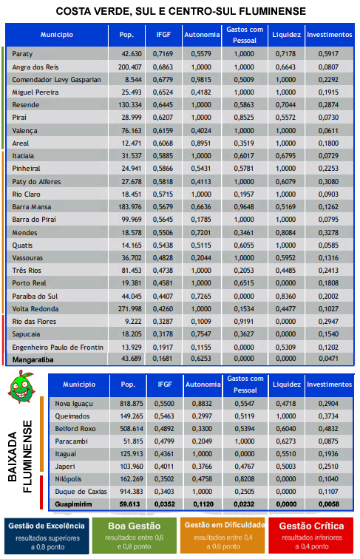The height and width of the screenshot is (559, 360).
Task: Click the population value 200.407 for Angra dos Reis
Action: coord(130,67)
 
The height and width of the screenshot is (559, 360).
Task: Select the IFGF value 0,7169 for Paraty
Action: coord(163,54)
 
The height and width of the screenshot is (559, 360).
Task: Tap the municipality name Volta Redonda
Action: coord(35,309)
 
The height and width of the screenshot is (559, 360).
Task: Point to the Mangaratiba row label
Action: coord(33,359)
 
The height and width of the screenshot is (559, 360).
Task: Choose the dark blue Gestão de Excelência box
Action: coord(47,536)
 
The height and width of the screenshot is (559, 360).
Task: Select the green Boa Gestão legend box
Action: coord(135,536)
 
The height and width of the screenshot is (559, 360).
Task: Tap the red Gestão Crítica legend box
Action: coord(311,536)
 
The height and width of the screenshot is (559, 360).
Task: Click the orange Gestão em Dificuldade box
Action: coord(223,536)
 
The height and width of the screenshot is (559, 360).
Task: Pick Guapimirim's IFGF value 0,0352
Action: coord(164,504)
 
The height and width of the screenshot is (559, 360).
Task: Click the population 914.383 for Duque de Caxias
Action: coord(131,492)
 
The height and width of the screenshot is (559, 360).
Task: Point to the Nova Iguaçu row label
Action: coord(74,404)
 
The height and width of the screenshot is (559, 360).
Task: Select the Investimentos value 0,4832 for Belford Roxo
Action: coord(329,429)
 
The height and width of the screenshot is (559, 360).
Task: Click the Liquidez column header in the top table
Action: coord(287,35)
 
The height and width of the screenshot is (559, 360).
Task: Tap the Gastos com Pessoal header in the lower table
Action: coord(245,384)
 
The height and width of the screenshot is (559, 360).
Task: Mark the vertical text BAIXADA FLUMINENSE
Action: coord(20,456)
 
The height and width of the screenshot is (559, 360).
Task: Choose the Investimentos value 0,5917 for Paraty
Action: coord(329,54)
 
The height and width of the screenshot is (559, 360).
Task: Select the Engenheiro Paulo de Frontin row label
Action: coord(58,348)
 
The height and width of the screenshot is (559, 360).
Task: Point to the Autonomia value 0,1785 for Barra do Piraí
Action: coord(201,220)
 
